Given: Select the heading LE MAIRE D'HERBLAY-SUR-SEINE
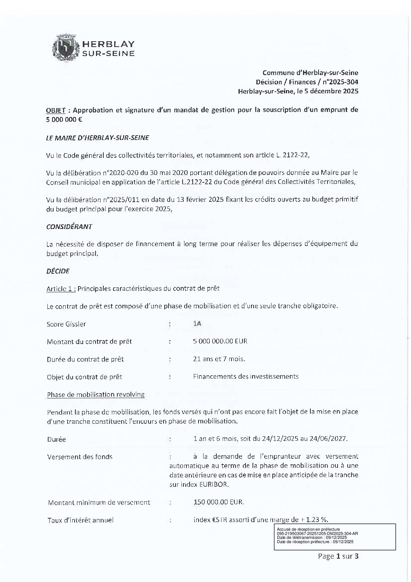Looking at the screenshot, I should tap(97, 138).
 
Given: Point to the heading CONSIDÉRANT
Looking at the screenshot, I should tap(69, 227).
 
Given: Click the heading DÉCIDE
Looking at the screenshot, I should tap(58, 271).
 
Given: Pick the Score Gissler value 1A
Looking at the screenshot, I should tap(197, 324).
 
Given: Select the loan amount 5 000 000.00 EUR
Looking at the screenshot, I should tap(220, 341).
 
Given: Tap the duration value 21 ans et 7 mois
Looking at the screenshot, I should tap(219, 359).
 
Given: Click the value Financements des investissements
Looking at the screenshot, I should tap(246, 376).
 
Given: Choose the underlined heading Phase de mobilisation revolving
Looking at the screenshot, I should tap(96, 395).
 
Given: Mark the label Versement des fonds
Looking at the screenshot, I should tap(80, 457).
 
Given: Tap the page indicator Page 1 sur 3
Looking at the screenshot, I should tap(338, 556).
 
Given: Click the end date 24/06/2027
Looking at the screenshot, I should tap(331, 439).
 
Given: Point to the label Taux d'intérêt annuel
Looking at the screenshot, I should tap(80, 520).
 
